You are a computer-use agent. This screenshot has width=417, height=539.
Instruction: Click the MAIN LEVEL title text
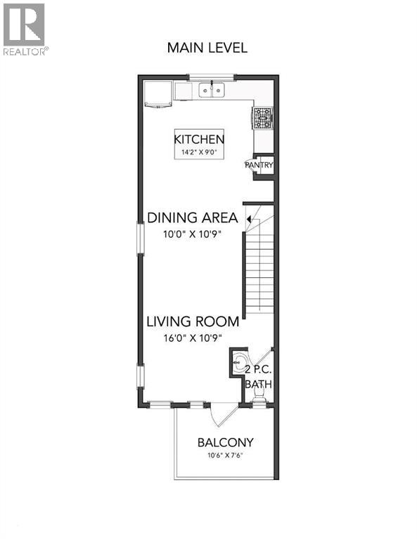(x=207, y=48)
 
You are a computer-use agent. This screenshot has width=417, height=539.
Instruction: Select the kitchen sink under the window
(x=210, y=90)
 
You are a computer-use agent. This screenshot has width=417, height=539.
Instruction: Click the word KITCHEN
(x=199, y=139)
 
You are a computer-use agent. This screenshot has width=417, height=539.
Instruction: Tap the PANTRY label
(x=259, y=165)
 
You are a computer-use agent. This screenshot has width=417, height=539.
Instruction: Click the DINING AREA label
(x=192, y=218)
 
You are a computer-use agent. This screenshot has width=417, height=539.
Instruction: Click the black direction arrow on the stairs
(x=250, y=220)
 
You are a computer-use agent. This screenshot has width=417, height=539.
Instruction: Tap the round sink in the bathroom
(x=240, y=363)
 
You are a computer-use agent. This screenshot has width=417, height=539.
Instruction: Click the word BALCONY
(x=225, y=443)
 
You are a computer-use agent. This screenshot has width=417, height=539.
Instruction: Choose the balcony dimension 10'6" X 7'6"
(x=224, y=456)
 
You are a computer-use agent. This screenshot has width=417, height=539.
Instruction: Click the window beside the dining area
(x=140, y=238)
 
